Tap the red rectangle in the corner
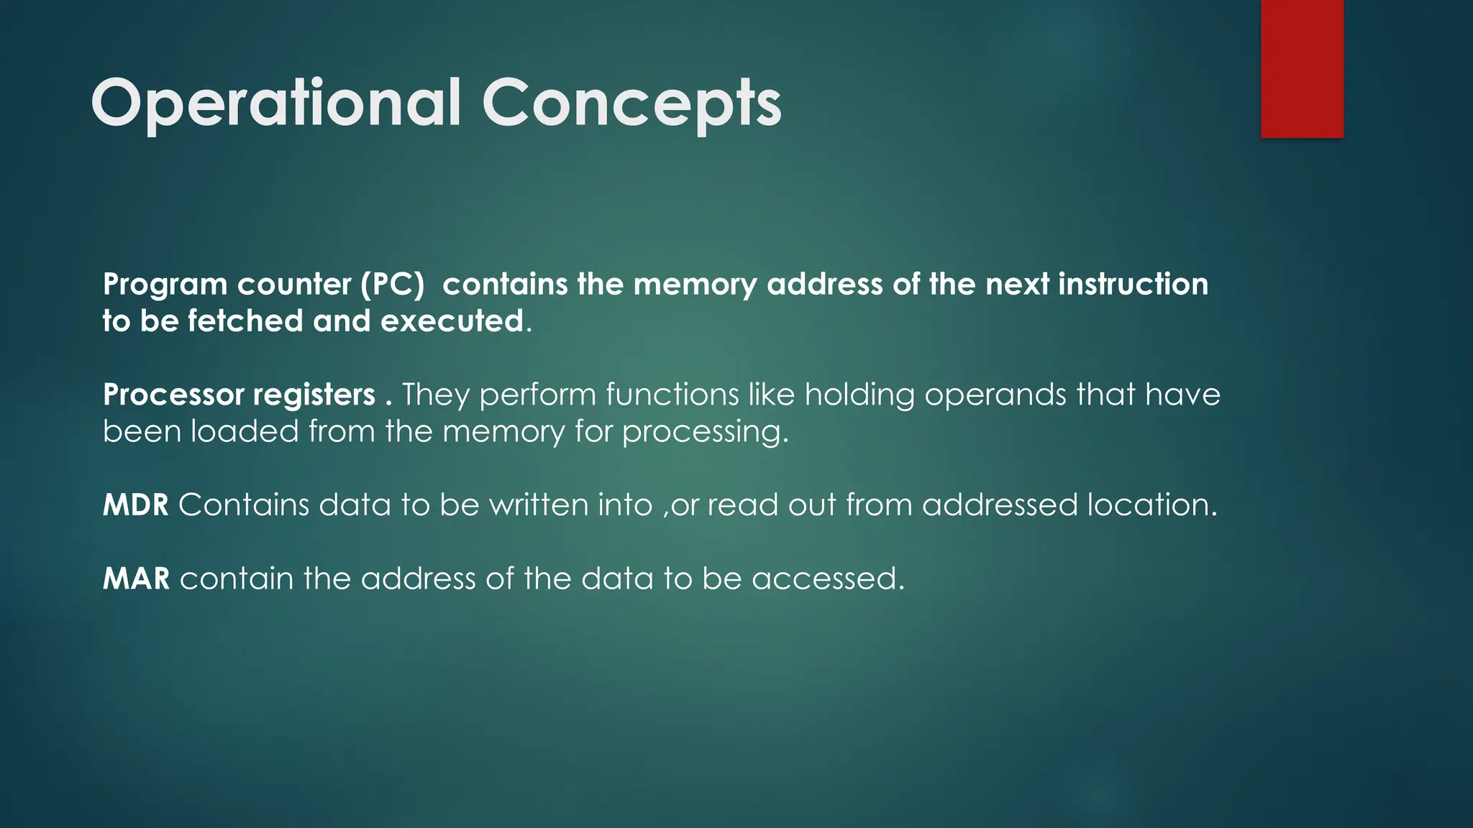(1302, 68)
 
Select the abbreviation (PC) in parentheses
(393, 285)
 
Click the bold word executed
(452, 321)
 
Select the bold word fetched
(245, 321)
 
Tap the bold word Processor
(173, 395)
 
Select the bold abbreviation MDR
(135, 505)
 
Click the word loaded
(245, 432)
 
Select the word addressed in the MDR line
(1000, 505)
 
